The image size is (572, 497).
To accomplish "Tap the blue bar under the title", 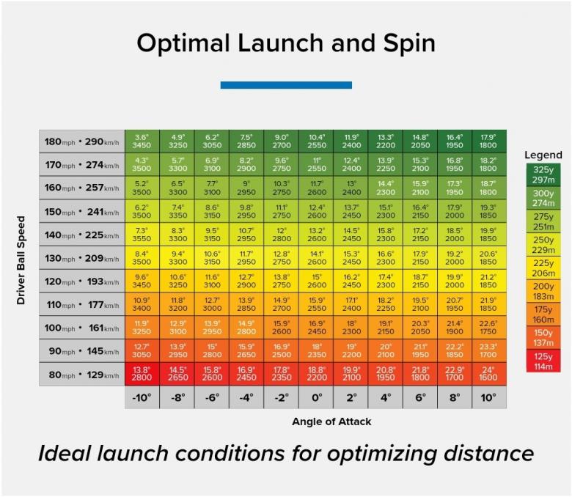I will coord(286,85).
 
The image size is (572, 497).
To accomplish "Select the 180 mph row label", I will coord(81,141).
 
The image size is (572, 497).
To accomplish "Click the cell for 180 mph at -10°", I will coord(142,141).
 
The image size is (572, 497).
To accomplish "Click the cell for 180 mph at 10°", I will coord(489,141).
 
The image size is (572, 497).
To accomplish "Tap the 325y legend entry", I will coord(543,174).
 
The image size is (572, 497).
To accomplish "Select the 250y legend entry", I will coord(543,244).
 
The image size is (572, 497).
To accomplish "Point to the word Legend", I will coord(543,155).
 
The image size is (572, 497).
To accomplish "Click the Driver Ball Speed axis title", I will coord(21,259).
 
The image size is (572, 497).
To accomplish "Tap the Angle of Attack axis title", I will coord(331,421).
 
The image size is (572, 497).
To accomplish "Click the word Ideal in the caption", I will coord(67,454).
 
